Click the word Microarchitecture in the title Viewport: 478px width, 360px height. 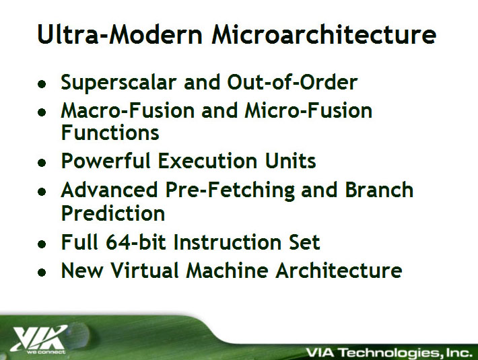tap(324, 34)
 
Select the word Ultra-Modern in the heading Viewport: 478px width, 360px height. tap(120, 34)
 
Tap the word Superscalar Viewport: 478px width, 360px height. tap(118, 82)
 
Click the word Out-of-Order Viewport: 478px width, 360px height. tap(292, 82)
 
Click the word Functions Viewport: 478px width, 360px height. tap(110, 132)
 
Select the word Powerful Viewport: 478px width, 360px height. tap(106, 160)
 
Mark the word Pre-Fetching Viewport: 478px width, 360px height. tap(230, 190)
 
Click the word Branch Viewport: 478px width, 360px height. tap(379, 190)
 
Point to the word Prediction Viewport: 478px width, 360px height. tap(113, 213)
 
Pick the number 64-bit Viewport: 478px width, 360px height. tap(136, 242)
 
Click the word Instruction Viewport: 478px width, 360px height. tap(227, 242)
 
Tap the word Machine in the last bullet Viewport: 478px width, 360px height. tap(227, 270)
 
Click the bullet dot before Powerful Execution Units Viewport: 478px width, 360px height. tap(42, 163)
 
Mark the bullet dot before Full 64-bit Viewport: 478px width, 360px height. tap(42, 244)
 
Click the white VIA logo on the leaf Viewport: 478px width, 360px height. tap(39, 339)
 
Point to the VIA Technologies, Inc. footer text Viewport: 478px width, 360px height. tap(388, 353)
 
